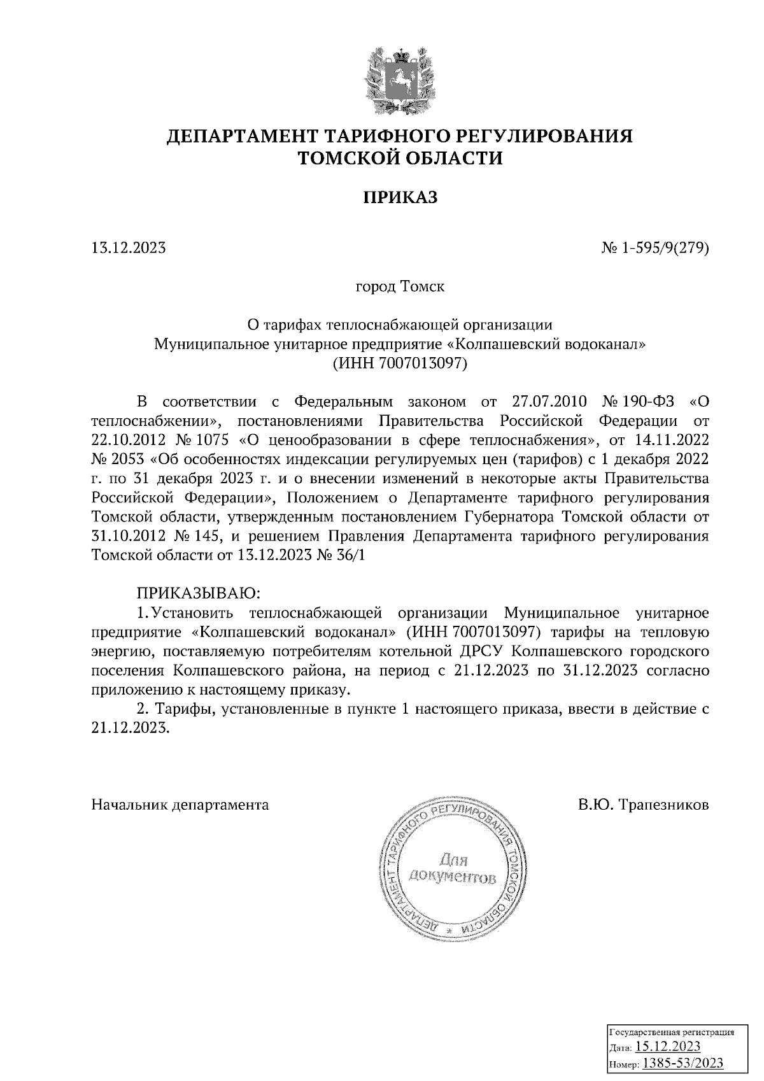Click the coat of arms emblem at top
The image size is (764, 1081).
tap(400, 78)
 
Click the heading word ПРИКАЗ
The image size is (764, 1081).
tap(400, 198)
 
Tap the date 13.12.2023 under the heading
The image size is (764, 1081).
tap(129, 248)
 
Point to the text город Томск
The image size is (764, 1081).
tap(400, 286)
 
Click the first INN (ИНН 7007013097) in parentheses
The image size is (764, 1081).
tap(400, 364)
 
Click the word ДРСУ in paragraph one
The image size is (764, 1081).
tap(483, 651)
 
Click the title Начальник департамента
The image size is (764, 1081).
tap(180, 805)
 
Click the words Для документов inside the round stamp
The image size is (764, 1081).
tap(453, 870)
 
